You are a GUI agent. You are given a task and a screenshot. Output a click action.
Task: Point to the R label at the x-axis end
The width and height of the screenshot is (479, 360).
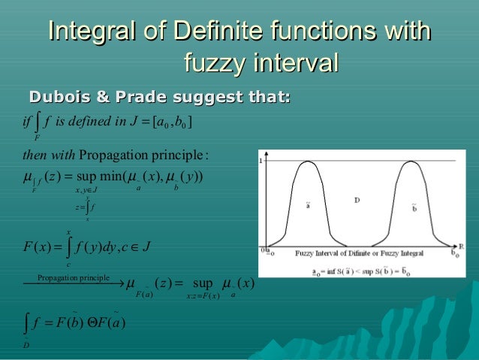click(465, 246)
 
